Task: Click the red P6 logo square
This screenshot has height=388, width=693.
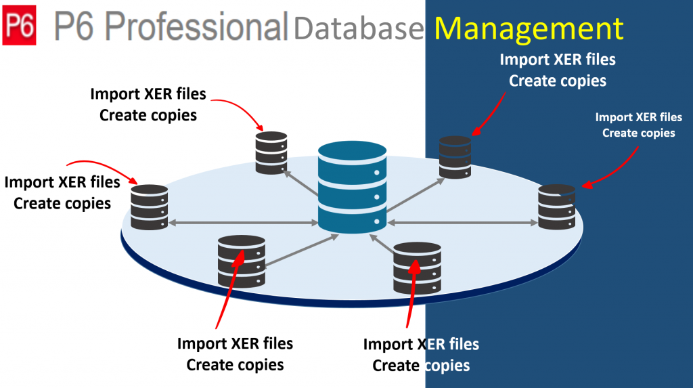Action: [20, 26]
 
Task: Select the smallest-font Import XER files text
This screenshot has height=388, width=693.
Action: [638, 118]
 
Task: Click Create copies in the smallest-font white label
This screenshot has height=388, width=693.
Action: [638, 133]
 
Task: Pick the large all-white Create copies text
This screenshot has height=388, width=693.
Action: [558, 81]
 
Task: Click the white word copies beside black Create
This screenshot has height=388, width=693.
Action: [447, 366]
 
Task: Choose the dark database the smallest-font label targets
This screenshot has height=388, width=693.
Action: [556, 205]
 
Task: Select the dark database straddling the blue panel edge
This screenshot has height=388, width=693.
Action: [417, 267]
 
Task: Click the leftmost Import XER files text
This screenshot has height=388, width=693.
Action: [62, 183]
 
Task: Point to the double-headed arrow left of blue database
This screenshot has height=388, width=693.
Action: [243, 222]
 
